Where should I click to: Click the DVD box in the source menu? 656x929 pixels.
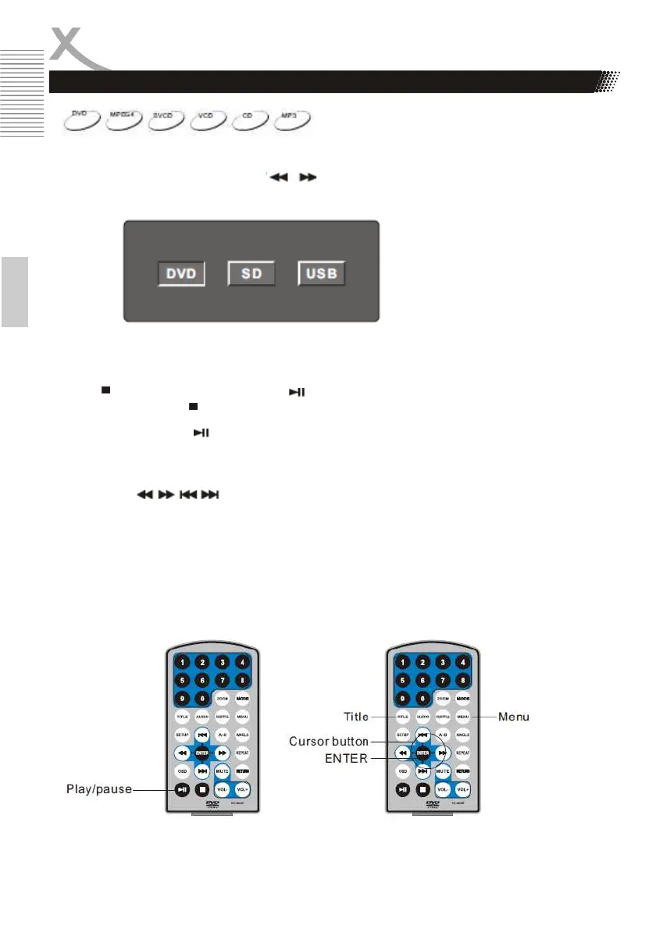coord(179,274)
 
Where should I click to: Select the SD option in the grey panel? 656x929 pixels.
coord(251,274)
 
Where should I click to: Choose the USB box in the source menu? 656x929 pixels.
coord(321,274)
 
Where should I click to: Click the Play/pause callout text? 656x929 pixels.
coord(98,790)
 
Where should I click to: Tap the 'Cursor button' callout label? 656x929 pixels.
coord(328,741)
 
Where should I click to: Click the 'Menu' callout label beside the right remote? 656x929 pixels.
coord(514,717)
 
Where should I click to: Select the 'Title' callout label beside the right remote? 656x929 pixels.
coord(356,716)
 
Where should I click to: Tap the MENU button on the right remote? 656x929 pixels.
coord(463,716)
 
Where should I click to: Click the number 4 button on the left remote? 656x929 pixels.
coord(243,663)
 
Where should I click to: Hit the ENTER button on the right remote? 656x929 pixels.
coord(422,753)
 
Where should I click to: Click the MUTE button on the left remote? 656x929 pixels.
coord(223,771)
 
